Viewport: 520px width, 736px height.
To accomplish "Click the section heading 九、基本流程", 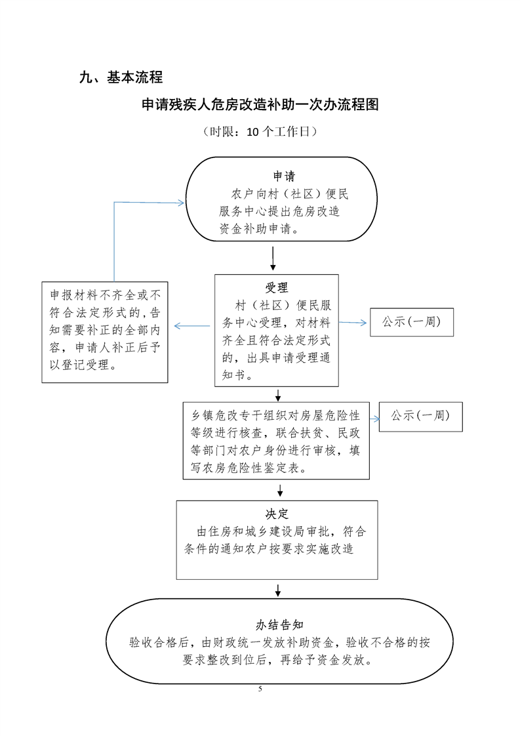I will (120, 78).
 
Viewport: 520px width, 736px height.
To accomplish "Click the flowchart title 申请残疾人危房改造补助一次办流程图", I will (260, 105).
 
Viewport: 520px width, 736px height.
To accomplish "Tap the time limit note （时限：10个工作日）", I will (260, 132).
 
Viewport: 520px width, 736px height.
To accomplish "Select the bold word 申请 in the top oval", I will (284, 176).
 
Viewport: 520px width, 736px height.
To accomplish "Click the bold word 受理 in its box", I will (276, 288).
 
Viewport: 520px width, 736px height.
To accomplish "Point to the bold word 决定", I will (277, 514).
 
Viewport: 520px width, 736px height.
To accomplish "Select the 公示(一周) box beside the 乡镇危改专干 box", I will (420, 416).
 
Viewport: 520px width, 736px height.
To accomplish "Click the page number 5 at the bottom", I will (260, 689).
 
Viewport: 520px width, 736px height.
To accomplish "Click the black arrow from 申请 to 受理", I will (273, 258).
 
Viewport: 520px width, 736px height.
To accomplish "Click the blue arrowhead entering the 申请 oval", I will (180, 203).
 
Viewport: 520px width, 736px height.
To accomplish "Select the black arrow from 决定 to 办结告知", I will (278, 589).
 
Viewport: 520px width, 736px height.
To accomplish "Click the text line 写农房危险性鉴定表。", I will (250, 469).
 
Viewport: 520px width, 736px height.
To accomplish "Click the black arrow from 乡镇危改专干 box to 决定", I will (280, 489).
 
